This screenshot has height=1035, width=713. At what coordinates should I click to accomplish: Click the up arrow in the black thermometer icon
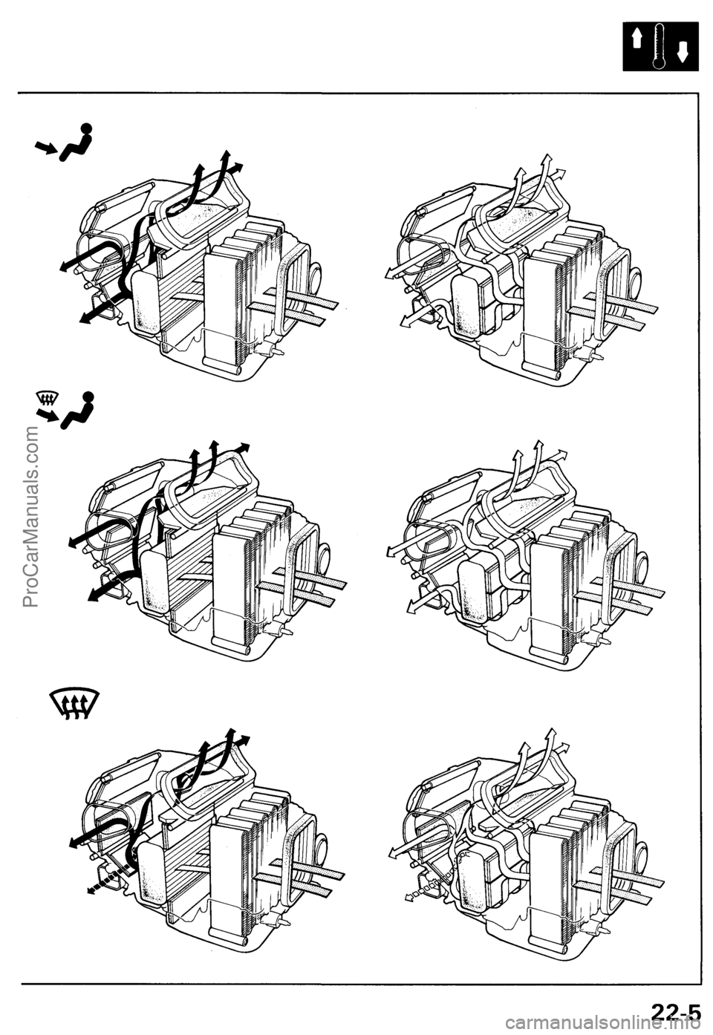coord(637,39)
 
